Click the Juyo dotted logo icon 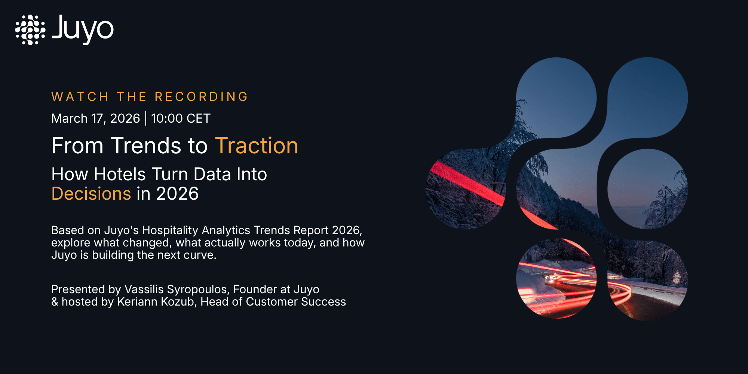(30, 30)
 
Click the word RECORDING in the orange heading (202, 97)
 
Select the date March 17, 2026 (95, 119)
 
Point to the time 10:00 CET (181, 119)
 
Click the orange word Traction (257, 145)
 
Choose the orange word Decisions (91, 194)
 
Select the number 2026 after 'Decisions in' (177, 194)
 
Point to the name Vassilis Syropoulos (176, 289)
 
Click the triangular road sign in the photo (677, 274)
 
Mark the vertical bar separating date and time (145, 118)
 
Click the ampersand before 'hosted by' (55, 302)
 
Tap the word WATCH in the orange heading (80, 97)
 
